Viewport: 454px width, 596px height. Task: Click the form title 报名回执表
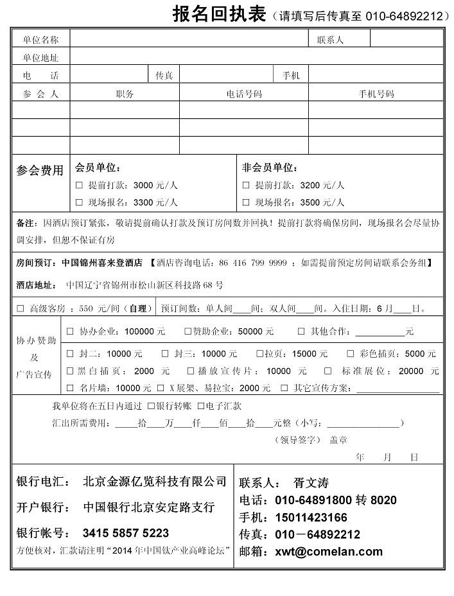coord(218,14)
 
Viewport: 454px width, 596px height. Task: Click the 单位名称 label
coord(41,40)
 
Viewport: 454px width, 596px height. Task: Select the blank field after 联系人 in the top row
coord(406,40)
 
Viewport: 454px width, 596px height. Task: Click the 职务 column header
coord(125,94)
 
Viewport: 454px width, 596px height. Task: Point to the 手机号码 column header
coord(376,94)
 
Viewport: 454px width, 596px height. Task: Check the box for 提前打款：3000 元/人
coord(80,186)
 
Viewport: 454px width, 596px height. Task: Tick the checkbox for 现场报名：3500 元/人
coord(246,203)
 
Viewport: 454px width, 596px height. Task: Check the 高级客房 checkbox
coord(21,308)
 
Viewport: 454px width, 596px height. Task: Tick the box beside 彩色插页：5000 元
coord(351,354)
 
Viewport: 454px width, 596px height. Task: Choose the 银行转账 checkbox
coord(151,406)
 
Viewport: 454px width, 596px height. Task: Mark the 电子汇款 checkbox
coord(201,406)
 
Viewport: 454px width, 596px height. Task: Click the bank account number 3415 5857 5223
coord(126,533)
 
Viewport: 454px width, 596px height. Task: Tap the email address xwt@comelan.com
coord(329,551)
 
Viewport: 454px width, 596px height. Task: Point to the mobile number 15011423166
coord(311,518)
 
